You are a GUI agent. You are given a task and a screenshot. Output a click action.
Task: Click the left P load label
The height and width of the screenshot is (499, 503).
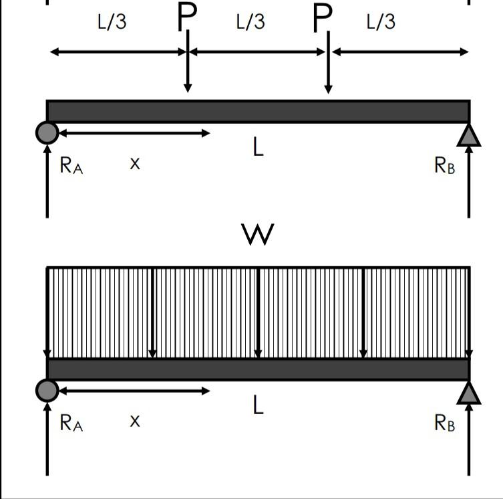coord(187,18)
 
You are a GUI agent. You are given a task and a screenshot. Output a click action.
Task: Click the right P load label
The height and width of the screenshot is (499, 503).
coord(323,19)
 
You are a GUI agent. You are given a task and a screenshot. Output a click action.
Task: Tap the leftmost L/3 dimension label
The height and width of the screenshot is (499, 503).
coord(112,22)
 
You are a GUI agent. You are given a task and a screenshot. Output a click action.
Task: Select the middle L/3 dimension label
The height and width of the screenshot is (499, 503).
coord(250,22)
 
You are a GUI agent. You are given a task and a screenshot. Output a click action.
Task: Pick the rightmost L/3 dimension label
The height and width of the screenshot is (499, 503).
coord(381,22)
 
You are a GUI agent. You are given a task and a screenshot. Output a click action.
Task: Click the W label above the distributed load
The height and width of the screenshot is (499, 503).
coord(258,234)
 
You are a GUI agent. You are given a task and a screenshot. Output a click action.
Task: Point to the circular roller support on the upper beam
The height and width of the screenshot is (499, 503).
coord(47,132)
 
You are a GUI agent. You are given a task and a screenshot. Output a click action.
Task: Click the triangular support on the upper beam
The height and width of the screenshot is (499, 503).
coord(469,136)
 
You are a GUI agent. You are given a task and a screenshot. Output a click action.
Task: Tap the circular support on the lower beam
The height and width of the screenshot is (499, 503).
coord(47,391)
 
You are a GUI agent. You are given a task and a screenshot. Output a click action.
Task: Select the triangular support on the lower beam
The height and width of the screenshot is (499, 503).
coord(469,393)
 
